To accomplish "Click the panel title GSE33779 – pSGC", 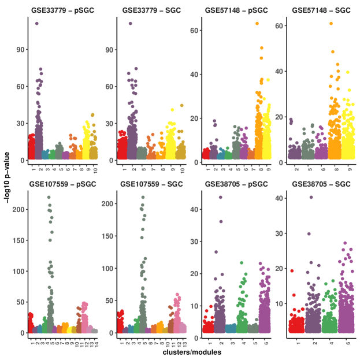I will [60, 10].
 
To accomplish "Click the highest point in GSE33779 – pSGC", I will [37, 24].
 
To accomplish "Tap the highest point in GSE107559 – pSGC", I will [49, 198].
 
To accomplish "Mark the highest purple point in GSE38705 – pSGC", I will [220, 198].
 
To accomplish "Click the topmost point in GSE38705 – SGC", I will [311, 198].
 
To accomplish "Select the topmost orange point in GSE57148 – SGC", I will [331, 24].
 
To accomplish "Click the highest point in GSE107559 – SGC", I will [143, 198].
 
